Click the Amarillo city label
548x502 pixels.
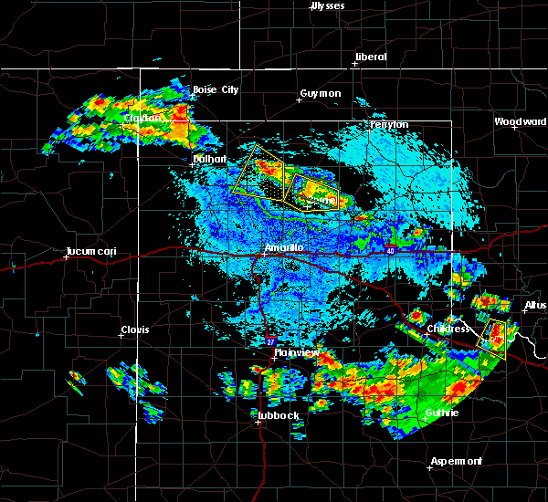(283, 247)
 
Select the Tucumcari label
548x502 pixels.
(87, 251)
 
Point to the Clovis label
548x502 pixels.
(135, 329)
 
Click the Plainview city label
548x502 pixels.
(296, 352)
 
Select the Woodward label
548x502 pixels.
(520, 121)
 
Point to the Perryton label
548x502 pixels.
(389, 124)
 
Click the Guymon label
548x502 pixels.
(320, 93)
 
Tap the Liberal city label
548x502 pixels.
(370, 57)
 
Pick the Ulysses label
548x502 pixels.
(328, 5)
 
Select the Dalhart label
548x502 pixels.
(208, 158)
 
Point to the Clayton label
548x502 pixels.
(143, 118)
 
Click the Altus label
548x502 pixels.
(535, 305)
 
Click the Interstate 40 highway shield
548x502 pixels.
(389, 250)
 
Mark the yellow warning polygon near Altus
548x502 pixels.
(495, 338)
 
